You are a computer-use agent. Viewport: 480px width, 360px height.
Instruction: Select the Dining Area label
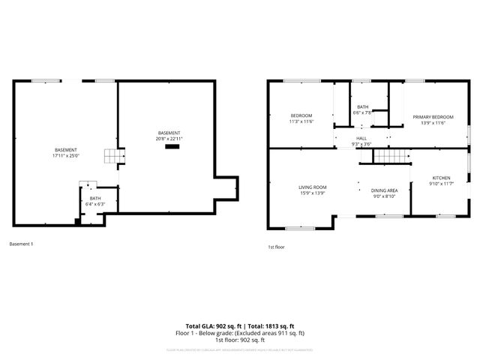[x=384, y=190]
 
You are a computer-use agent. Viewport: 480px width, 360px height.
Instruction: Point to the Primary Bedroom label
[x=433, y=117]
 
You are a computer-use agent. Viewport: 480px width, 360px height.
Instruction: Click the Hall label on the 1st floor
[x=361, y=138]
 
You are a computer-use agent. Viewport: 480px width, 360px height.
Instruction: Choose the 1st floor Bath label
[x=363, y=107]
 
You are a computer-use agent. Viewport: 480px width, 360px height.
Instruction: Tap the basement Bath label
[x=95, y=198]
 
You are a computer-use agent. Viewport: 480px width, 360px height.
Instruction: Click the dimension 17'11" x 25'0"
[x=66, y=157]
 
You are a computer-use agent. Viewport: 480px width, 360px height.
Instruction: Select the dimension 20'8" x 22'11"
[x=169, y=139]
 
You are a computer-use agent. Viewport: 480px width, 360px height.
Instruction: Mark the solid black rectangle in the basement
[x=172, y=148]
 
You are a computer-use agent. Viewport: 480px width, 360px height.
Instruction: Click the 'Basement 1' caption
[x=21, y=244]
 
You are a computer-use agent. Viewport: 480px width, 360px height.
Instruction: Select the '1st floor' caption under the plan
[x=277, y=247]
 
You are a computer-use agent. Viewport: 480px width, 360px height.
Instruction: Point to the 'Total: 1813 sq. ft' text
[x=268, y=327]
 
